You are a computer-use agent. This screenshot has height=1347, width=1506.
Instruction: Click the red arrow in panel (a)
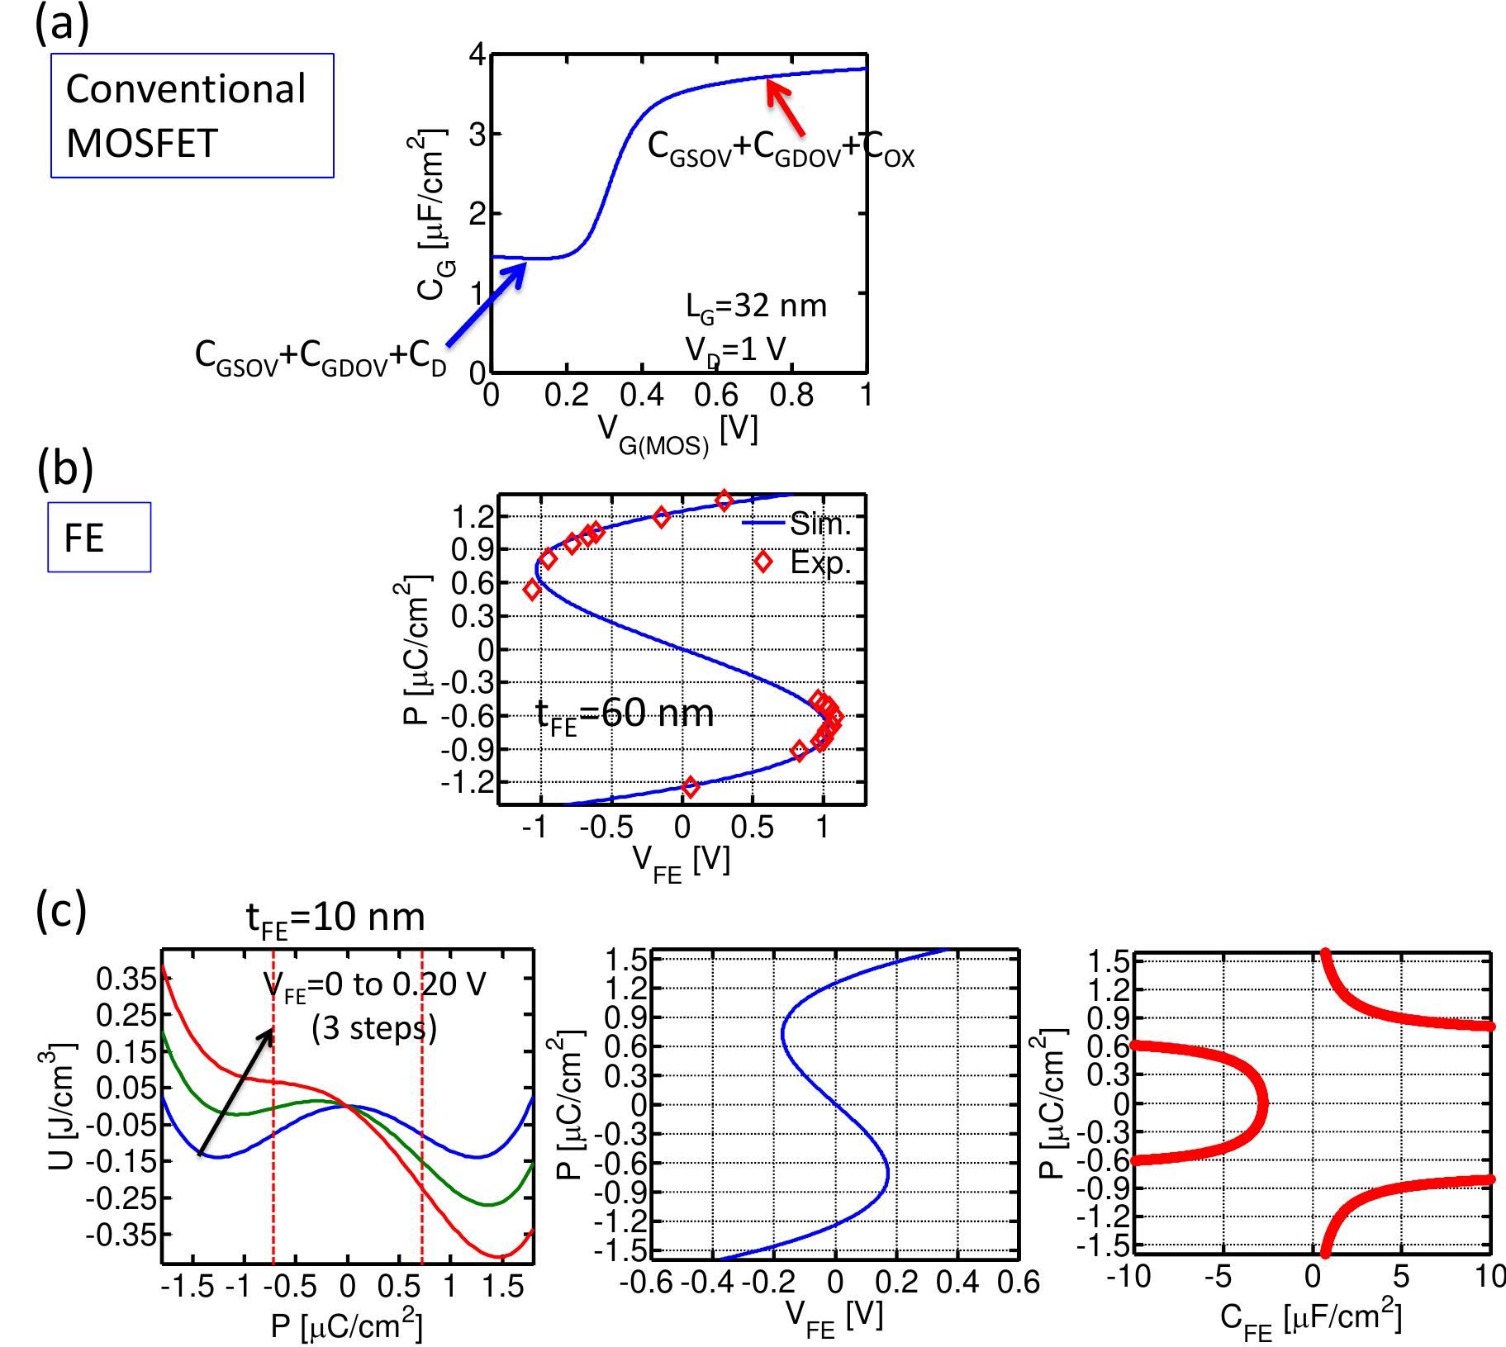click(786, 107)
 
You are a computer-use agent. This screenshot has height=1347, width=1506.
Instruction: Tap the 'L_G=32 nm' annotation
click(756, 307)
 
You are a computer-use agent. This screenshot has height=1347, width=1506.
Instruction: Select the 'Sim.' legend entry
click(796, 523)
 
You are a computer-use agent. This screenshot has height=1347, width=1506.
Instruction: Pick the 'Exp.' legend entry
click(802, 562)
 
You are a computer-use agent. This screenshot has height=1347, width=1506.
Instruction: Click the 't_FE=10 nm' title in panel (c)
click(335, 918)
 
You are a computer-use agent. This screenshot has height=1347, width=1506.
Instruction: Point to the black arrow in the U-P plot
click(235, 1091)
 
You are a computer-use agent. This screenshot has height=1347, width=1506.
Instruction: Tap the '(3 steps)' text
click(374, 1029)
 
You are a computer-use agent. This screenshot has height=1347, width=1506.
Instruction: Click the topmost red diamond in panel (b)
click(724, 500)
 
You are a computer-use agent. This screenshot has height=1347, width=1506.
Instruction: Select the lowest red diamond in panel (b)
click(691, 787)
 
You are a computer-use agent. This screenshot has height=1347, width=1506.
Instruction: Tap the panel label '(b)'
click(64, 468)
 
